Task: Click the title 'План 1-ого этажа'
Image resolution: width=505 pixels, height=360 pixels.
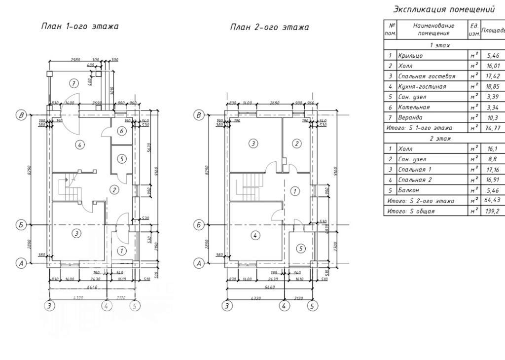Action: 79,27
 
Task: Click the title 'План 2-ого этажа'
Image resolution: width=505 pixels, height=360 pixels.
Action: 269,27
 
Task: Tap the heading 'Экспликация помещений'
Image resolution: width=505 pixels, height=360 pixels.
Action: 443,9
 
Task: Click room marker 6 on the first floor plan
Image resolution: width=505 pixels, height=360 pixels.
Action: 122,131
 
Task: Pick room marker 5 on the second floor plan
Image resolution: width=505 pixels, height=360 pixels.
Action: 300,249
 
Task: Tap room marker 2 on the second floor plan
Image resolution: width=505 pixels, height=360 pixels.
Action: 296,144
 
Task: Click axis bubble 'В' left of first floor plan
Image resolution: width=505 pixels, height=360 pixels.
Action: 21,115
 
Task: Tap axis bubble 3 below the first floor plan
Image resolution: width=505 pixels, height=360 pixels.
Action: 48,306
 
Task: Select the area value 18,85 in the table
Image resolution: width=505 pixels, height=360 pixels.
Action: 493,86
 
